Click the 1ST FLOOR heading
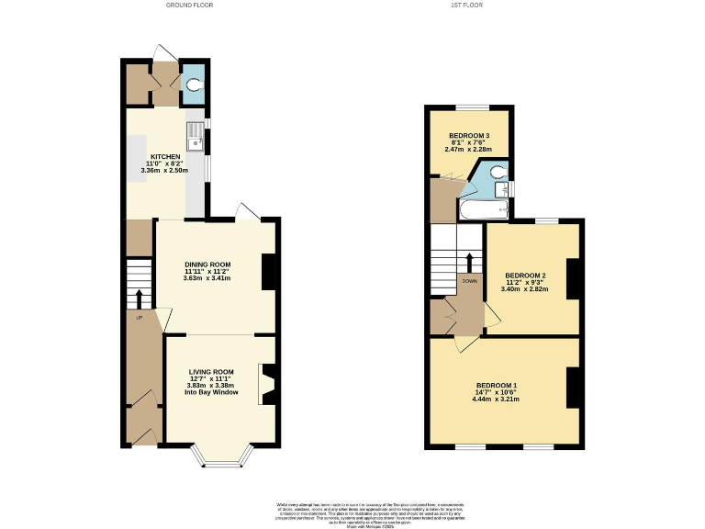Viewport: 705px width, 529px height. point(467,5)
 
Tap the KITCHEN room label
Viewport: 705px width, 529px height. point(165,157)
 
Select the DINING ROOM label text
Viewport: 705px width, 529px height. point(207,264)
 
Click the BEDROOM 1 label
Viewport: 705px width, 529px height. point(497,385)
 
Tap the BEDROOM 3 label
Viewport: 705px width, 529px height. point(469,136)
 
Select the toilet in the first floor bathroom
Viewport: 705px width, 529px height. point(496,170)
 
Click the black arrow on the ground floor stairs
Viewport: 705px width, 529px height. point(140,299)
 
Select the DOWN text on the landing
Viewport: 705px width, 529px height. point(469,281)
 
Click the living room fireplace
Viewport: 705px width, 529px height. point(268,385)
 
